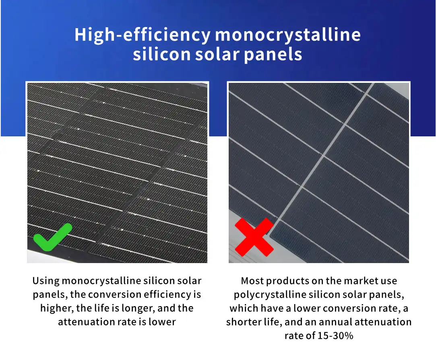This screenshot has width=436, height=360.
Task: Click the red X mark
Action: click(254, 237)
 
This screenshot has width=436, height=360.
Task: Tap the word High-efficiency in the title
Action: click(143, 35)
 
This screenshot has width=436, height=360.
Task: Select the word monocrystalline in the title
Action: click(288, 35)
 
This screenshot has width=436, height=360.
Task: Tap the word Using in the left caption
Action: click(46, 281)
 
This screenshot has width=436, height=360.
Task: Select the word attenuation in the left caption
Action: click(86, 322)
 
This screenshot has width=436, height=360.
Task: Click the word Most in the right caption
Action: click(252, 281)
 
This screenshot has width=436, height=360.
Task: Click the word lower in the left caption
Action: click(162, 322)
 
